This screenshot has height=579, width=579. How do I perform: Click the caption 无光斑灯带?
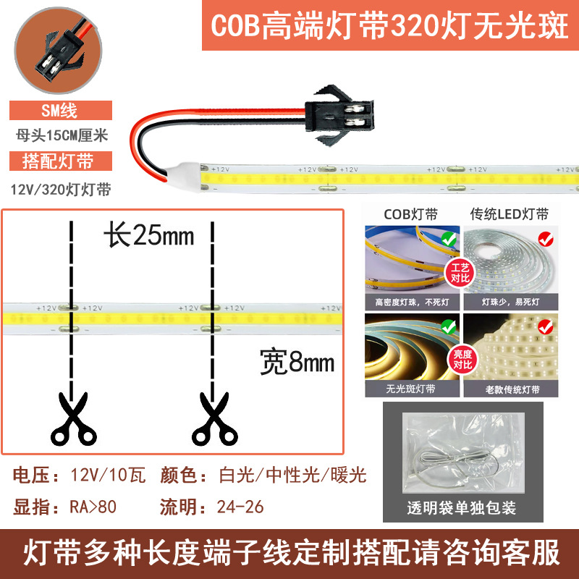coord(410,389)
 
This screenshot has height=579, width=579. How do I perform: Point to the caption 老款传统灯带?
coord(512,389)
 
